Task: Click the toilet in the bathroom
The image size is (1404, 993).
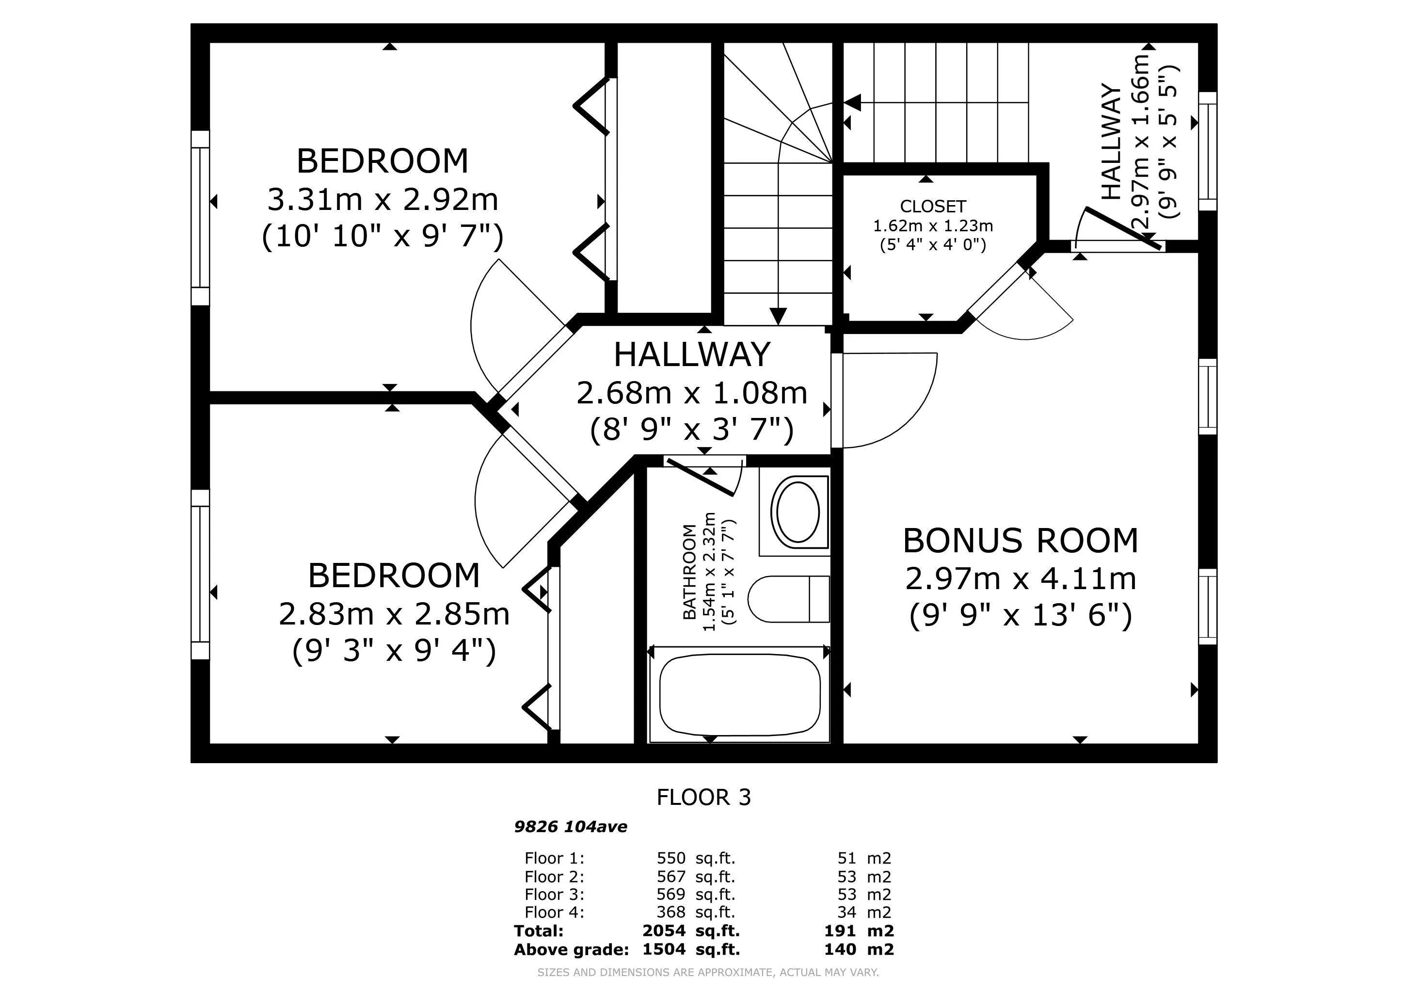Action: point(788,599)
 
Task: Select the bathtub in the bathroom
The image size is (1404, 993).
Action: point(740,695)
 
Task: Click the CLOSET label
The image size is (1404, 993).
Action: point(933,206)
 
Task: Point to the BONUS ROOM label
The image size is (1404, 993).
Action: point(1021,541)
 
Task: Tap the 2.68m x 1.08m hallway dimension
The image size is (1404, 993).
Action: point(692,393)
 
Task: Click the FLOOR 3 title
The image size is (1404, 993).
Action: point(704,797)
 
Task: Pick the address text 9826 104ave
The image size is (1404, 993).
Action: point(571,827)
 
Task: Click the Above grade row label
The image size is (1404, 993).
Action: point(571,949)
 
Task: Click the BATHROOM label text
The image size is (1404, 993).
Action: point(689,572)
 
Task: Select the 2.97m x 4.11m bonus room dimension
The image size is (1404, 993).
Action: point(1021,578)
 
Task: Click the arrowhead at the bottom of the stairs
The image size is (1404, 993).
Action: point(778,316)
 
